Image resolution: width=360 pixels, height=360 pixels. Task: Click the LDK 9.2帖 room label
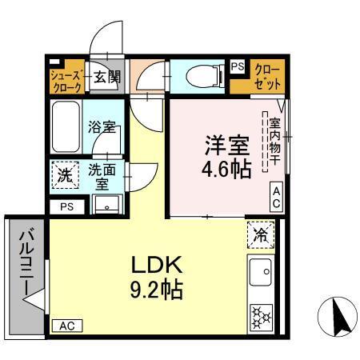(154, 276)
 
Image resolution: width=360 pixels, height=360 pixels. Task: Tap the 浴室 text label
(103, 126)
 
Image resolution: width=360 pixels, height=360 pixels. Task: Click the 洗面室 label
(102, 176)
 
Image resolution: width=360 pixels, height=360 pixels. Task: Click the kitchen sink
(261, 275)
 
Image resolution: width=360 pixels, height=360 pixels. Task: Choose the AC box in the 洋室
(275, 198)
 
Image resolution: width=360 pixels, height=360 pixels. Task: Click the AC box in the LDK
(68, 326)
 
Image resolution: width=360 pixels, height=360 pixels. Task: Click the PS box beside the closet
(238, 67)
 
